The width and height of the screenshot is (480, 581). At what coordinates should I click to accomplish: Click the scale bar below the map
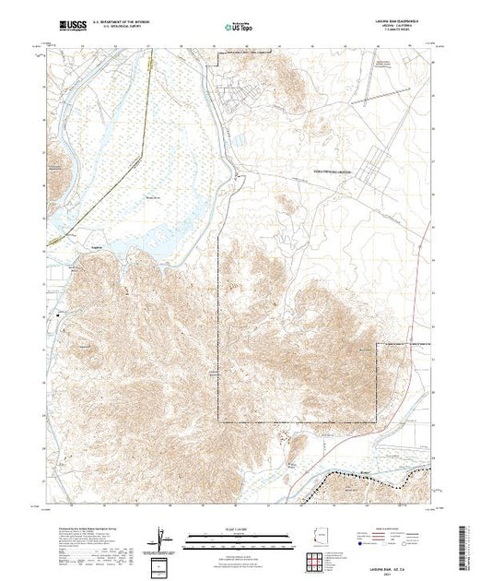click(239, 537)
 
